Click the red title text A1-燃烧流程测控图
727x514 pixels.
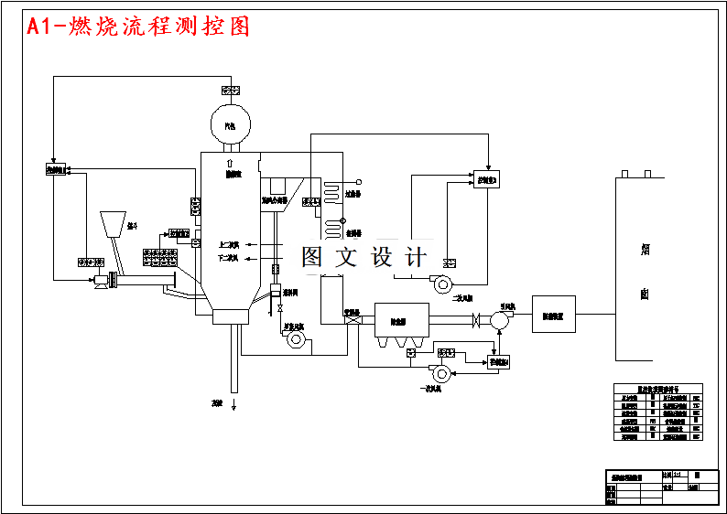(x=138, y=27)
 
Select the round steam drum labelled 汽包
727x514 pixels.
(x=231, y=122)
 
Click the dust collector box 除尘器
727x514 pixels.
(x=401, y=319)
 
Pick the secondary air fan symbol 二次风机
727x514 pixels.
(x=443, y=283)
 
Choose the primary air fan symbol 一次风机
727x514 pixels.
(x=441, y=372)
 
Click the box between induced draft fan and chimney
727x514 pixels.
(x=553, y=314)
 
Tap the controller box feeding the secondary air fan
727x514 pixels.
(x=485, y=179)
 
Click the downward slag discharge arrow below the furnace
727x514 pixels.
(x=233, y=402)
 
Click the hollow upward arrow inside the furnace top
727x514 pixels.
(x=230, y=161)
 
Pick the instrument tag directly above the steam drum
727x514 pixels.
(x=231, y=90)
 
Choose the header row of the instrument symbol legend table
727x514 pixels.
(x=656, y=388)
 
